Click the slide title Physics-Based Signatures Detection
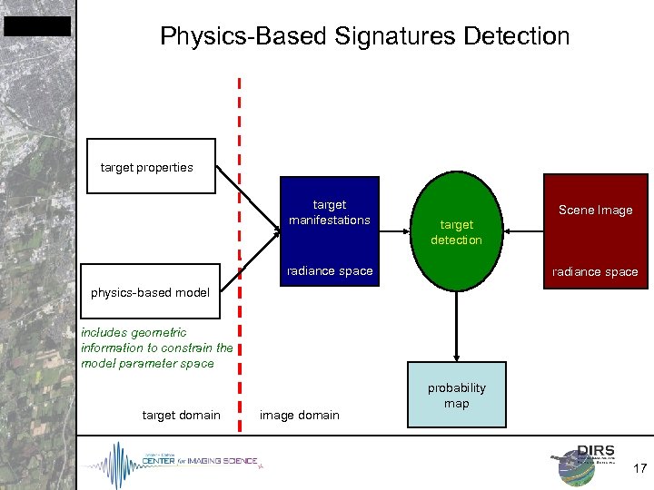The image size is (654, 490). [364, 36]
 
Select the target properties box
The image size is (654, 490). [151, 166]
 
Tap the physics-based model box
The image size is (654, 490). [151, 292]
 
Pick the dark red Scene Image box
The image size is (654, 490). [595, 230]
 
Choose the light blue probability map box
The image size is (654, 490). [456, 395]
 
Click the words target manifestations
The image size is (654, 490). [329, 212]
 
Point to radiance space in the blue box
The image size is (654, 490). [329, 271]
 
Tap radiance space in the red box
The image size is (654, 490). [596, 272]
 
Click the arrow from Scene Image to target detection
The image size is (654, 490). [523, 231]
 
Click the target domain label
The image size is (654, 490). [181, 416]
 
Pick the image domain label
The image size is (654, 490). [299, 416]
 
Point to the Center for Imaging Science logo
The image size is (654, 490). [173, 461]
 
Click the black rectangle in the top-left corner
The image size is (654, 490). [36, 26]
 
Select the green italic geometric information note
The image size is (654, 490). [156, 348]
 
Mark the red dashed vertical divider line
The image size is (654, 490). [240, 272]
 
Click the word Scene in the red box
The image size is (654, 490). [575, 211]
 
